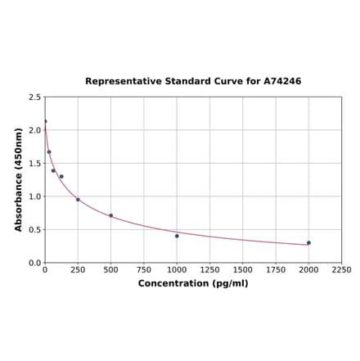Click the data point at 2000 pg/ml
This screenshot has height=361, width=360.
(x=308, y=242)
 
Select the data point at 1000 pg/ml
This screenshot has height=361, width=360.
(x=177, y=236)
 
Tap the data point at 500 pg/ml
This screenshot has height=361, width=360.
(x=111, y=215)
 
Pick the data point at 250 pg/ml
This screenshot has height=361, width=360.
(x=78, y=199)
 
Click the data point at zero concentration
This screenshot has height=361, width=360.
(x=45, y=121)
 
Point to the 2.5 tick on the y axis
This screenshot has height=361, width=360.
(x=35, y=97)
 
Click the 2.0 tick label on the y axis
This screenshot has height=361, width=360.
(x=35, y=130)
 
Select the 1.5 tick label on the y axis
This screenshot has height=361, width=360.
(x=35, y=163)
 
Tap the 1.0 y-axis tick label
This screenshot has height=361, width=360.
(x=35, y=196)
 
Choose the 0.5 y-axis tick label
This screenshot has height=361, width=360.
(x=35, y=229)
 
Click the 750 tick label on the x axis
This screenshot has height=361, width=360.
(x=144, y=270)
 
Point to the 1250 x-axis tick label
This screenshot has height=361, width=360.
(x=209, y=270)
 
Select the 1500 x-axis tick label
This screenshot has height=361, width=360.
(x=243, y=270)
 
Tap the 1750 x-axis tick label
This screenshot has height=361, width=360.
(x=276, y=270)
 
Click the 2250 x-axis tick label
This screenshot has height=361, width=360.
(x=341, y=270)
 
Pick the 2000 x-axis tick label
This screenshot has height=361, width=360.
(x=308, y=270)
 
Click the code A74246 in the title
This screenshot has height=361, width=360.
(x=282, y=82)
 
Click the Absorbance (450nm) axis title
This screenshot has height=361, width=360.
(x=19, y=179)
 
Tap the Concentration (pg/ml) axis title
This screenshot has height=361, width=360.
(x=193, y=283)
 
